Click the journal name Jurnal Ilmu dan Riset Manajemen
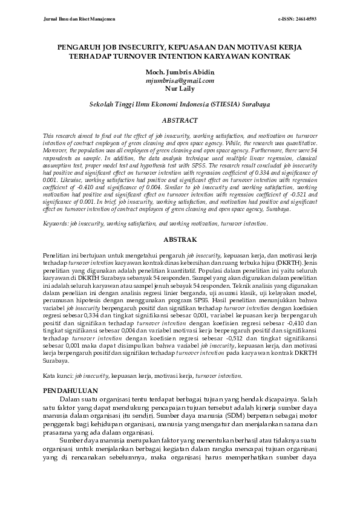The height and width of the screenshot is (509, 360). pos(79,19)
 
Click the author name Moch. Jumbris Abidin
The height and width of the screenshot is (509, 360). pos(180,73)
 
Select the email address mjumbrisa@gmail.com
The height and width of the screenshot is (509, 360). pos(180,80)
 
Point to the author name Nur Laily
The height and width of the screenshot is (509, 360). pos(180,88)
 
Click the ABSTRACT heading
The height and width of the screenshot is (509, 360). pos(180,120)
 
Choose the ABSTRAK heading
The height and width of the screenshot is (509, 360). pos(180,240)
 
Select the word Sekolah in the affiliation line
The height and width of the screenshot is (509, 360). pos(102,104)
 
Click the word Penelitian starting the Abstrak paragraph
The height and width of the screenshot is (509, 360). pos(62,257)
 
